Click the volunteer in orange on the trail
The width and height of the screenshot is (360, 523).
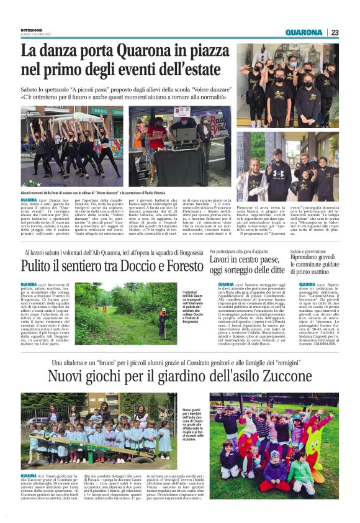click(x=163, y=314)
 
